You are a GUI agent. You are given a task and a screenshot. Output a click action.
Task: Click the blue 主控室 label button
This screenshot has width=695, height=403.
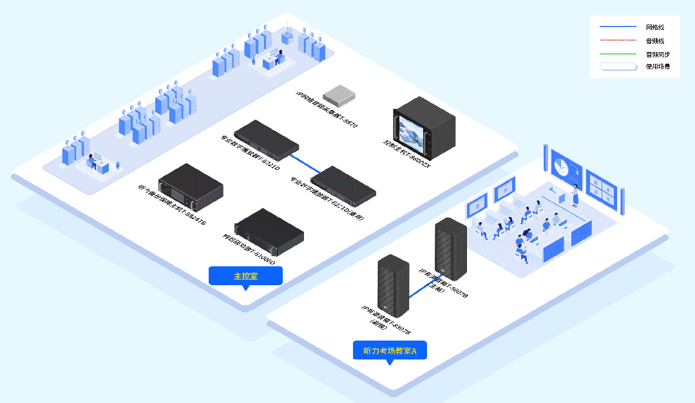[x=245, y=276]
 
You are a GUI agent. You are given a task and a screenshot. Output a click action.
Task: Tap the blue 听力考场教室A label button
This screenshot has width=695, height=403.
[x=390, y=351]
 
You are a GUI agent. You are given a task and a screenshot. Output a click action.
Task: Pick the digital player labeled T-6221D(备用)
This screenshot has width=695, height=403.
[x=343, y=185]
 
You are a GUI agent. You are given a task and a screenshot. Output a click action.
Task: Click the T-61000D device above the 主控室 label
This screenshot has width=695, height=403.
[x=269, y=229]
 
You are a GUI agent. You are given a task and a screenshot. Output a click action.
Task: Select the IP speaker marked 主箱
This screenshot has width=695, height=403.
[x=450, y=248]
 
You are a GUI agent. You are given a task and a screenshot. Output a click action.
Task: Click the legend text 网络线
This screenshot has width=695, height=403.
[x=654, y=28]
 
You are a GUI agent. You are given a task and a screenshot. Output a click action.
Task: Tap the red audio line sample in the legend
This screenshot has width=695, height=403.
[x=618, y=41]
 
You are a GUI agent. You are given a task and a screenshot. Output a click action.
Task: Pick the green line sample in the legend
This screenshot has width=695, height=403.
[x=618, y=53]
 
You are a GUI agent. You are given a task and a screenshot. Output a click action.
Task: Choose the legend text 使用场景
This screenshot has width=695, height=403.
[x=658, y=66]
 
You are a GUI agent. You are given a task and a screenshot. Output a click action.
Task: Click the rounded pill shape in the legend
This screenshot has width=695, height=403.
[x=618, y=66]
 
